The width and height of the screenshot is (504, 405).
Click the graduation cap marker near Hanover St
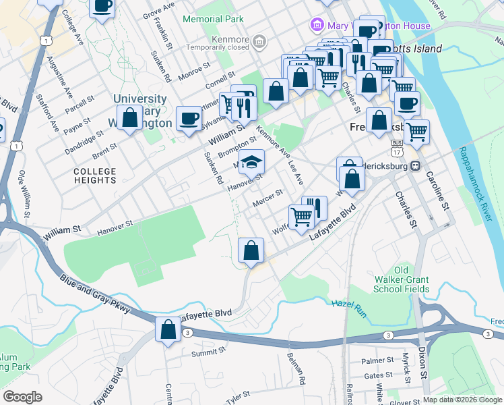pos(251,163)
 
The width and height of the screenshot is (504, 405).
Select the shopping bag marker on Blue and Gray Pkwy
pos(168,330)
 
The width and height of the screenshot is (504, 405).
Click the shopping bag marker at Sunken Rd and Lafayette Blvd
pos(251,251)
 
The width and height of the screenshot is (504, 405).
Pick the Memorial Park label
pos(213,20)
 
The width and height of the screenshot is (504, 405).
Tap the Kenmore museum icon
pos(259,44)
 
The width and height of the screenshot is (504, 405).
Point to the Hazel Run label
pos(347,304)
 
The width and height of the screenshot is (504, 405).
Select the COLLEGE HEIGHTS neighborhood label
pos(95,175)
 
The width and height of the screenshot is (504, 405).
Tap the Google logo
pos(22,396)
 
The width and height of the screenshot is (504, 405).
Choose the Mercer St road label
pos(265,202)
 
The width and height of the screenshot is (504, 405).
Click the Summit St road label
pos(207,353)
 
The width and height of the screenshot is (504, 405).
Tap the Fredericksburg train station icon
pos(416,165)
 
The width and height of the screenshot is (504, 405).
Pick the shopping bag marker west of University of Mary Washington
pos(129,117)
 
